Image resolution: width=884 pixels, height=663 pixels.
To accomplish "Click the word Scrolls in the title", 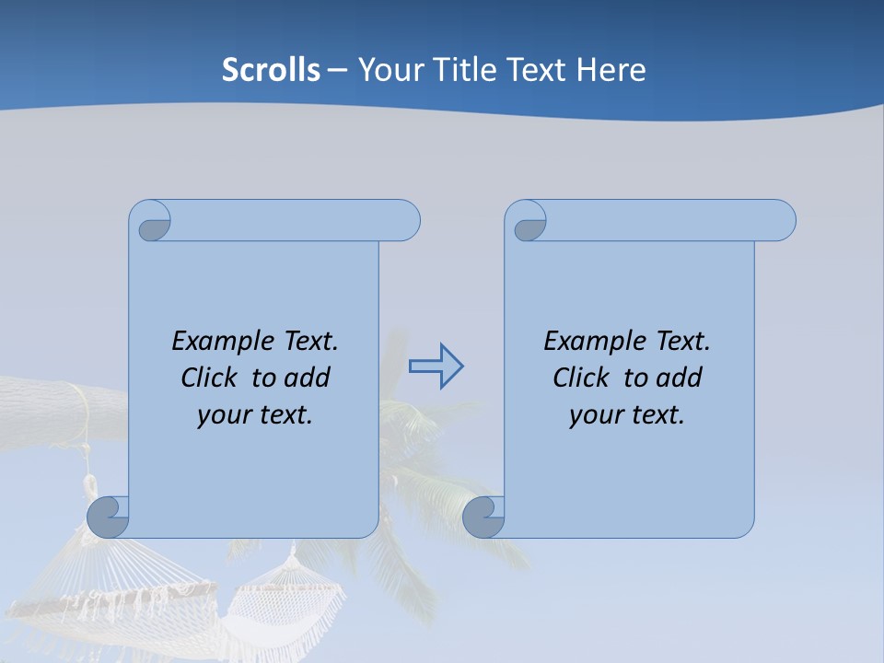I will [x=271, y=70].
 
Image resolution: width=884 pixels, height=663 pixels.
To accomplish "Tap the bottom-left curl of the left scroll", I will [x=108, y=518].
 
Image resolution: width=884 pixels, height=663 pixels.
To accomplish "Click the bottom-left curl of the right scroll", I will [x=483, y=518].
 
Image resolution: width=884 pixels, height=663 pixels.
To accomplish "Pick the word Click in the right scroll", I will [x=582, y=378].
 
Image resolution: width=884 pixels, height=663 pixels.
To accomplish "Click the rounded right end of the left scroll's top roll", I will [x=405, y=220].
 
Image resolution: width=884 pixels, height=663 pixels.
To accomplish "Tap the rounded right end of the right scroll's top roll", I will [x=781, y=220].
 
